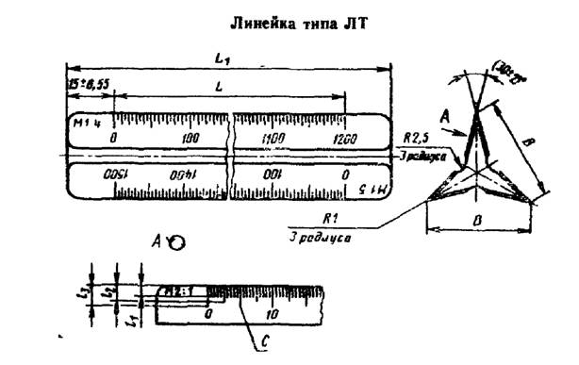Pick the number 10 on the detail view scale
[x=273, y=313]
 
